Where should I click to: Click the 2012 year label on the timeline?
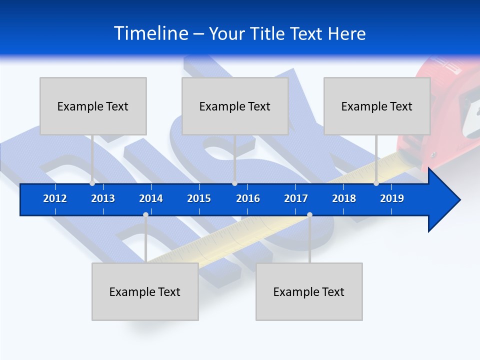click(x=55, y=198)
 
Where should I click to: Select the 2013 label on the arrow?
click(x=103, y=198)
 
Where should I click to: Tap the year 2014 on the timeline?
click(x=151, y=198)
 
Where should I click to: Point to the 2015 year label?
click(x=199, y=198)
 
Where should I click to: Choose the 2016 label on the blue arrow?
click(x=248, y=198)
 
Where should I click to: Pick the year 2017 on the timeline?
click(x=296, y=198)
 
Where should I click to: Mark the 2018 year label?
click(x=344, y=198)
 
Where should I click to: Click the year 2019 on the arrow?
click(x=392, y=198)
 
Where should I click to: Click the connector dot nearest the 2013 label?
click(x=92, y=183)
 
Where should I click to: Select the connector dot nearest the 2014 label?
click(x=145, y=214)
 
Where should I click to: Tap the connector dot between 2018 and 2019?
click(x=376, y=183)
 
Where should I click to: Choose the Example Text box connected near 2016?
click(x=235, y=106)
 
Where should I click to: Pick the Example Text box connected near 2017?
click(x=309, y=291)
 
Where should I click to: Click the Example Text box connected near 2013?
click(x=93, y=106)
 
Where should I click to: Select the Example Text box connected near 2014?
click(x=145, y=291)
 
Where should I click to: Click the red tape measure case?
click(x=445, y=115)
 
